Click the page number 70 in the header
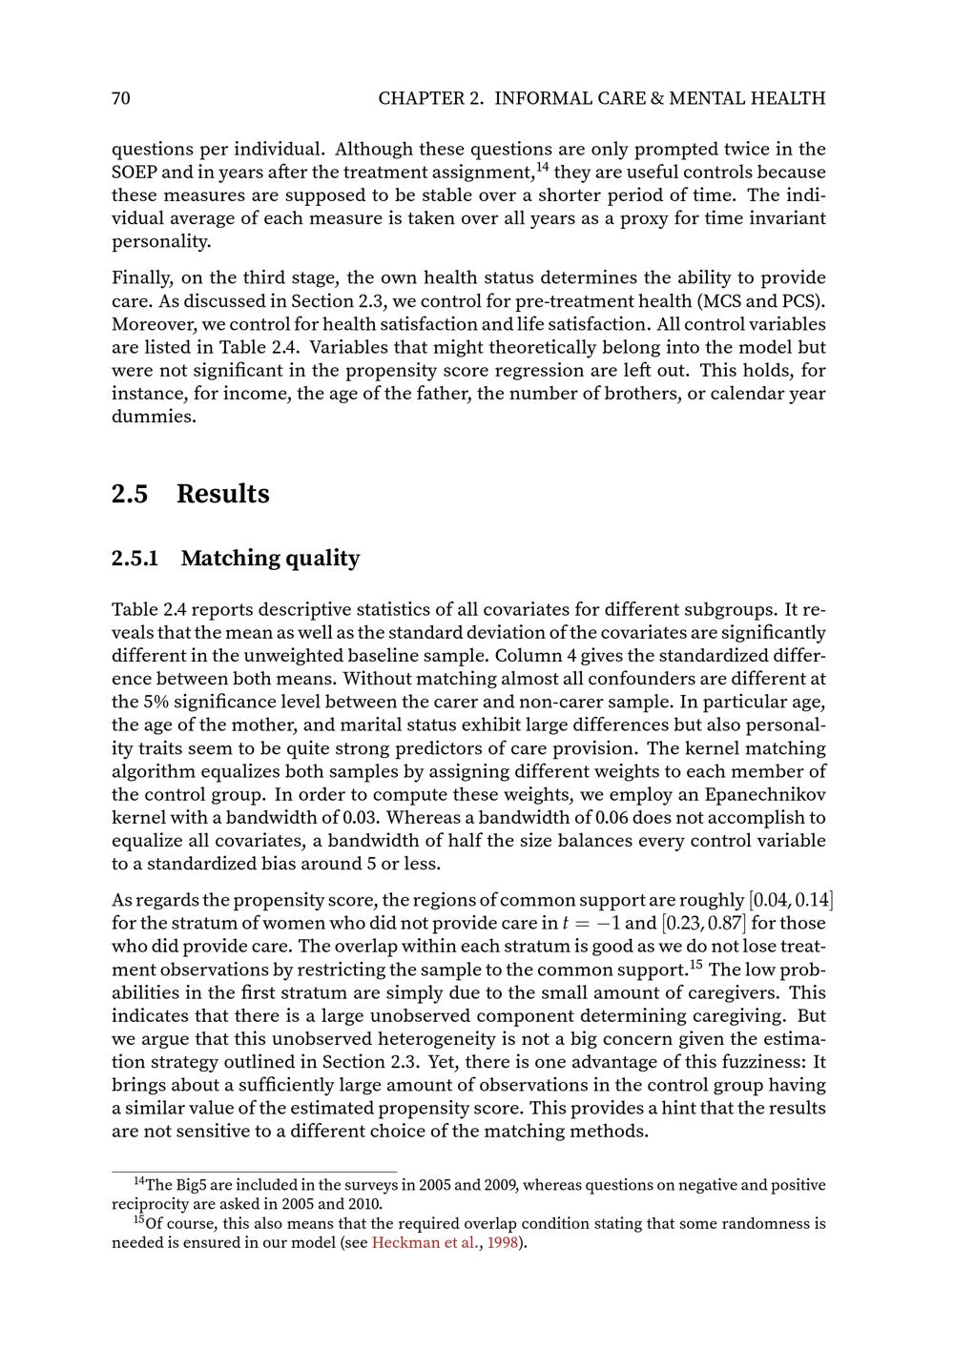121,98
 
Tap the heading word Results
223,494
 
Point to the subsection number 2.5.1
135,559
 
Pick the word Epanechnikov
759,794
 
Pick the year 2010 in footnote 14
363,1203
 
